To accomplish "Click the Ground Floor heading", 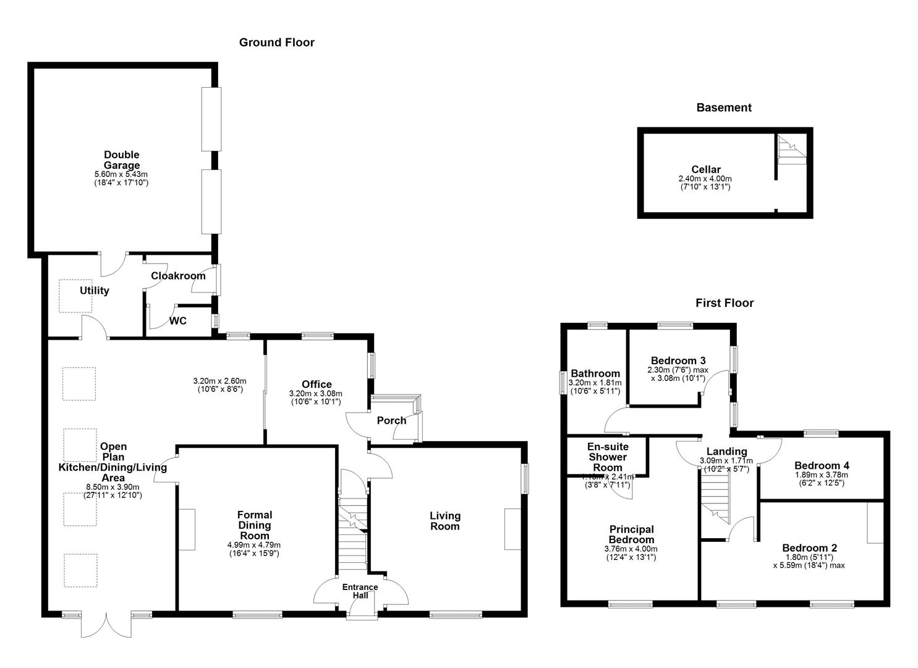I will pos(276,43).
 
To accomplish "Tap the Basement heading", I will pos(723,108).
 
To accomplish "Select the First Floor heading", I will pos(724,303).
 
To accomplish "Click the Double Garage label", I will pos(121,160).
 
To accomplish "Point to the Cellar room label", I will pos(705,169).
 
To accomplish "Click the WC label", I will pos(178,321).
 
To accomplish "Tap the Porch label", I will pos(391,421).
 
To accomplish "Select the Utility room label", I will pos(94,291).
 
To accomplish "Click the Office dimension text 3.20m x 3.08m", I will pos(316,394).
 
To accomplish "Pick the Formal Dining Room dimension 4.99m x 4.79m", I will pos(254,546).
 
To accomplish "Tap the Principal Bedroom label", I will pos(631,534).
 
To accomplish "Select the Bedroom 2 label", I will pos(809,548).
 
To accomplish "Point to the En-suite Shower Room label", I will pos(607,457).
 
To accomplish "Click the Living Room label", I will pos(445,521).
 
